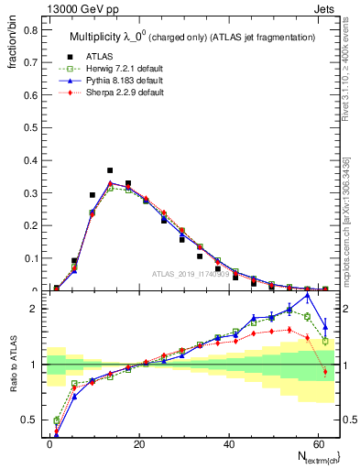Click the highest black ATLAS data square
click(x=110, y=170)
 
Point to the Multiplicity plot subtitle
click(x=192, y=36)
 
